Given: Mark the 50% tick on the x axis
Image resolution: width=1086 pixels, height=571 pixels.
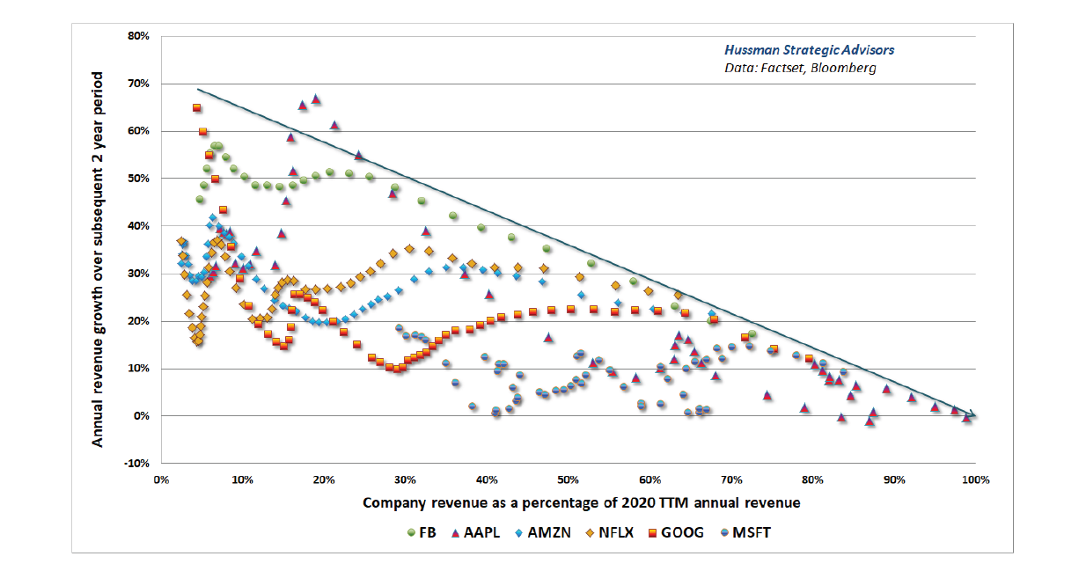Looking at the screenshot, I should click(x=569, y=479).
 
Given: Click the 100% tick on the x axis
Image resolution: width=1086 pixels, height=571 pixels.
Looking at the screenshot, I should click(x=975, y=479).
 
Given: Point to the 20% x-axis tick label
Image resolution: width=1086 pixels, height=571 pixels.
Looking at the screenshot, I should click(x=324, y=479).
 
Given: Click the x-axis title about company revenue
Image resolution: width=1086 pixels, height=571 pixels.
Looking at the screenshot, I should click(x=569, y=502).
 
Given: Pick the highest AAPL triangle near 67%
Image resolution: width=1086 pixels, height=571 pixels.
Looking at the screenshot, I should click(x=316, y=99).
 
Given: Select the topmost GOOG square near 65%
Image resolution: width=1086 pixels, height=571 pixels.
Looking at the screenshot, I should click(x=196, y=107).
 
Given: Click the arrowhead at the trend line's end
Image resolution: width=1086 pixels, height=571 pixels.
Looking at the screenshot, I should click(x=972, y=414).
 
